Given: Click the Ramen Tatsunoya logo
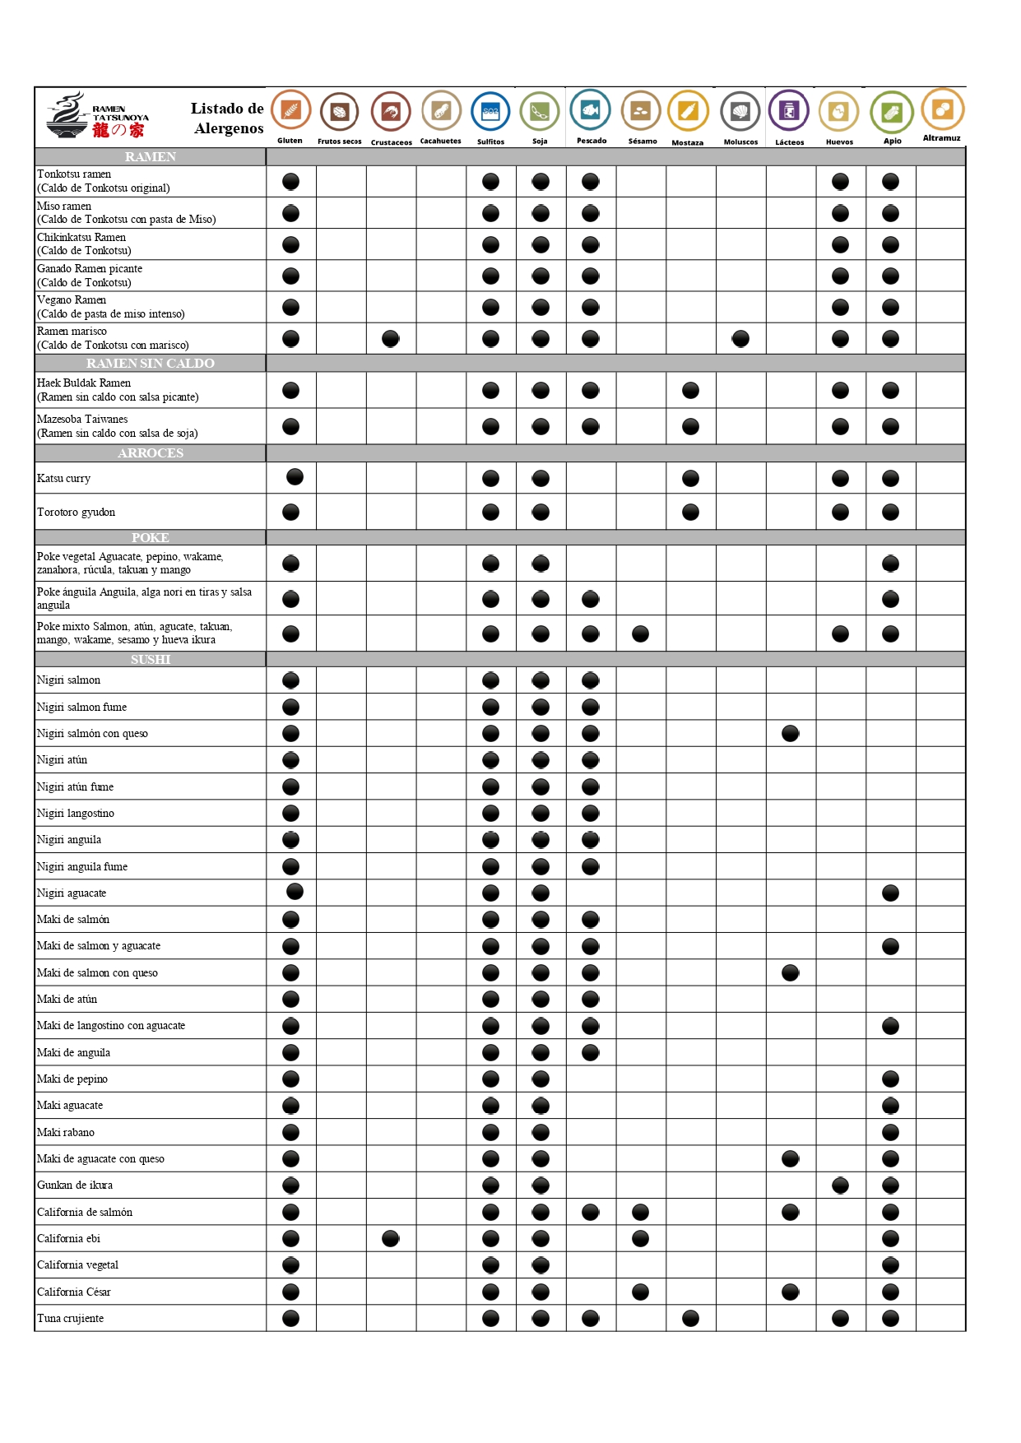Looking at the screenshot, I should click(97, 117).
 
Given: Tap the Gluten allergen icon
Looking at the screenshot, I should click(290, 110).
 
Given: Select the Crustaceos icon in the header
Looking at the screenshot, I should click(391, 111).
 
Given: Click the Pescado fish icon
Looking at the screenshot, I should click(591, 110).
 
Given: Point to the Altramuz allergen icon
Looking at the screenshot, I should click(942, 109).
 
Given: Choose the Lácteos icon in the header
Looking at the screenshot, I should click(789, 110).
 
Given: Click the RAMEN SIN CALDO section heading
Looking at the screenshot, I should click(151, 364).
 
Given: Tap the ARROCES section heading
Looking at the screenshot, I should click(151, 453).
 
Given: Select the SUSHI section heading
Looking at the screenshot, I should click(151, 660).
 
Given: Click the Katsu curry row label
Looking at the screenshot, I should click(64, 479).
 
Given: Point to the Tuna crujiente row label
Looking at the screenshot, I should click(71, 1319).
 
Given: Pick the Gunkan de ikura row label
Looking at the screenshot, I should click(75, 1185).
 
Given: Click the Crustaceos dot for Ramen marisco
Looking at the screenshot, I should click(391, 338).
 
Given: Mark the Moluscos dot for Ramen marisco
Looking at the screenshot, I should click(740, 338).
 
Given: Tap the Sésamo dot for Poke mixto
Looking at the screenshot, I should click(641, 633).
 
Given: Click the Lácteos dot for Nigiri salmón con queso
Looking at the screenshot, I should click(791, 733).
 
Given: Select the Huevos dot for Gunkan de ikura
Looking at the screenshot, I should click(840, 1185).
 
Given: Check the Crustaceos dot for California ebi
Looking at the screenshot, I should click(391, 1238).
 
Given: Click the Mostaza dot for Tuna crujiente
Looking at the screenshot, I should click(691, 1318).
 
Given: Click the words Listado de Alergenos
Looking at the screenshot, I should click(228, 118).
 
